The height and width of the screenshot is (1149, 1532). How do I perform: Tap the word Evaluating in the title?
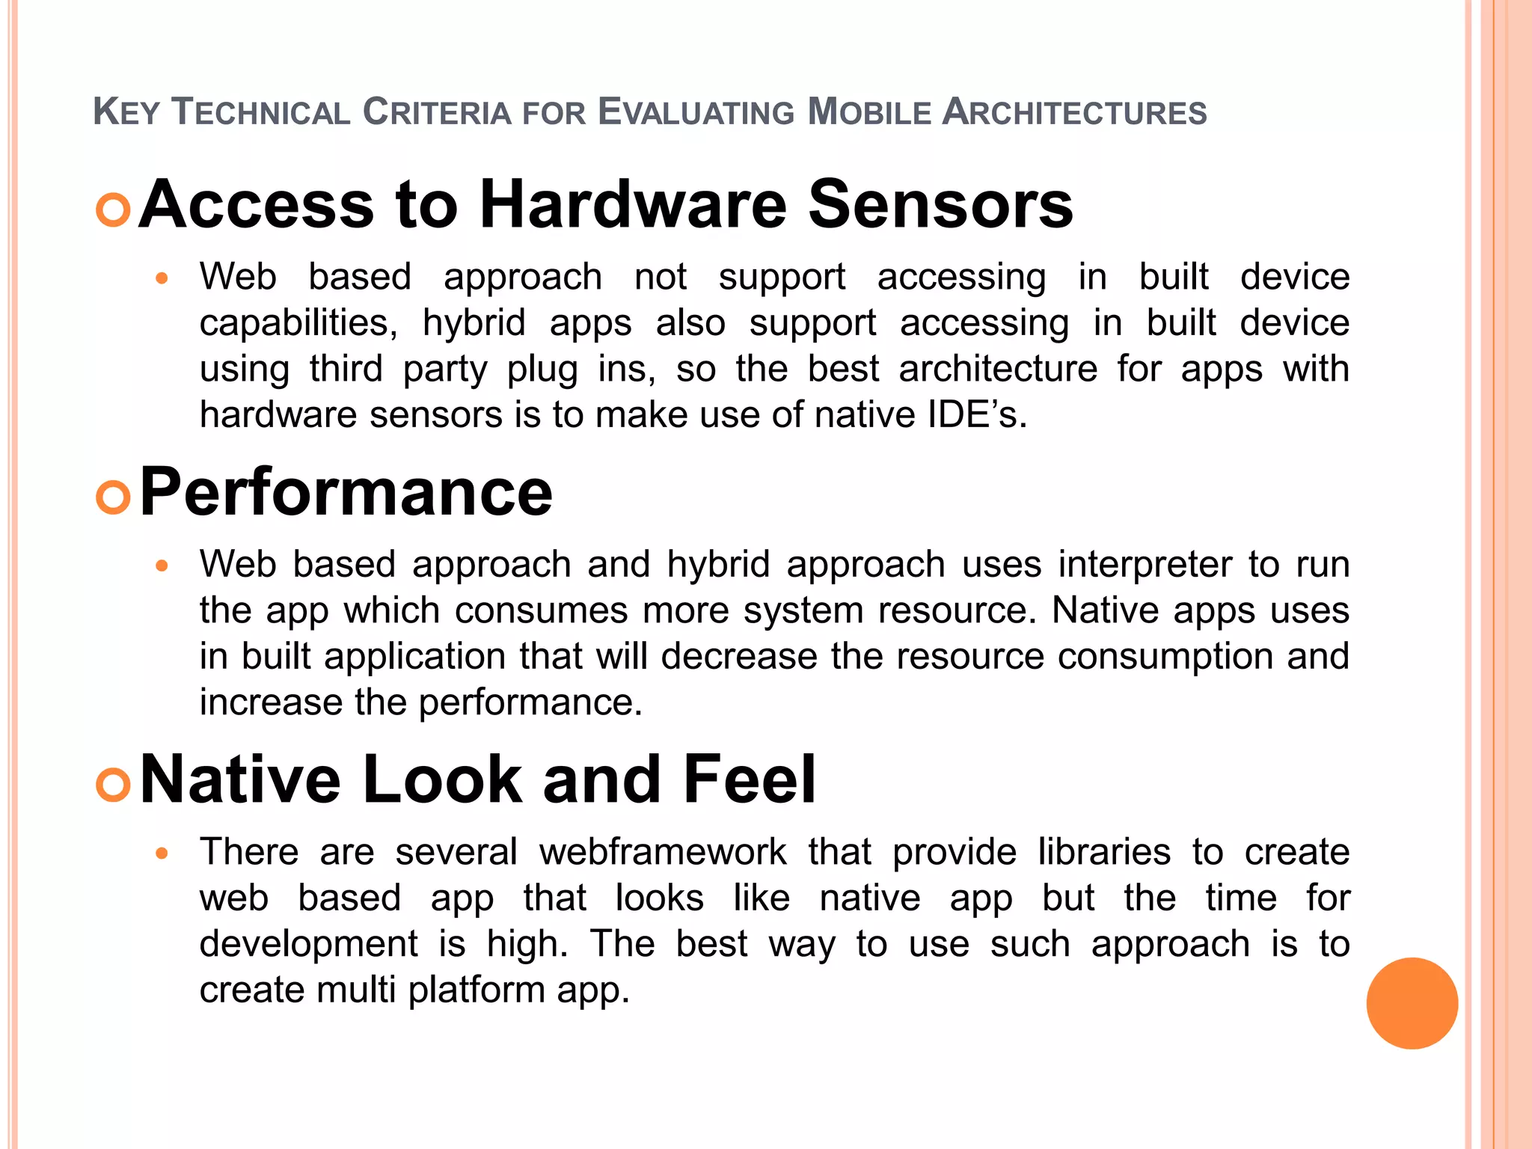[696, 112]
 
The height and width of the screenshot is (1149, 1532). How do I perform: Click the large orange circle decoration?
[1412, 1003]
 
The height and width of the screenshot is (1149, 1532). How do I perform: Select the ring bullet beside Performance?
[114, 497]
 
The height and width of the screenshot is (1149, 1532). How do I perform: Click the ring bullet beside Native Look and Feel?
[114, 785]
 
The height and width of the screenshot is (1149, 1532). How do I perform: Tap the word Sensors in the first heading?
[940, 204]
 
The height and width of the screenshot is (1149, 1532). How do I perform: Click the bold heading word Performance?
[346, 493]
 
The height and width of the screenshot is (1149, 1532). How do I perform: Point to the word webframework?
[663, 852]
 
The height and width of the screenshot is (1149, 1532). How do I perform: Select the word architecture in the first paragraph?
[998, 369]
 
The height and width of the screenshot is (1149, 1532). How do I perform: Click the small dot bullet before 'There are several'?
[162, 853]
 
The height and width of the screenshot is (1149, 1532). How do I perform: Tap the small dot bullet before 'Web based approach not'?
[162, 278]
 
